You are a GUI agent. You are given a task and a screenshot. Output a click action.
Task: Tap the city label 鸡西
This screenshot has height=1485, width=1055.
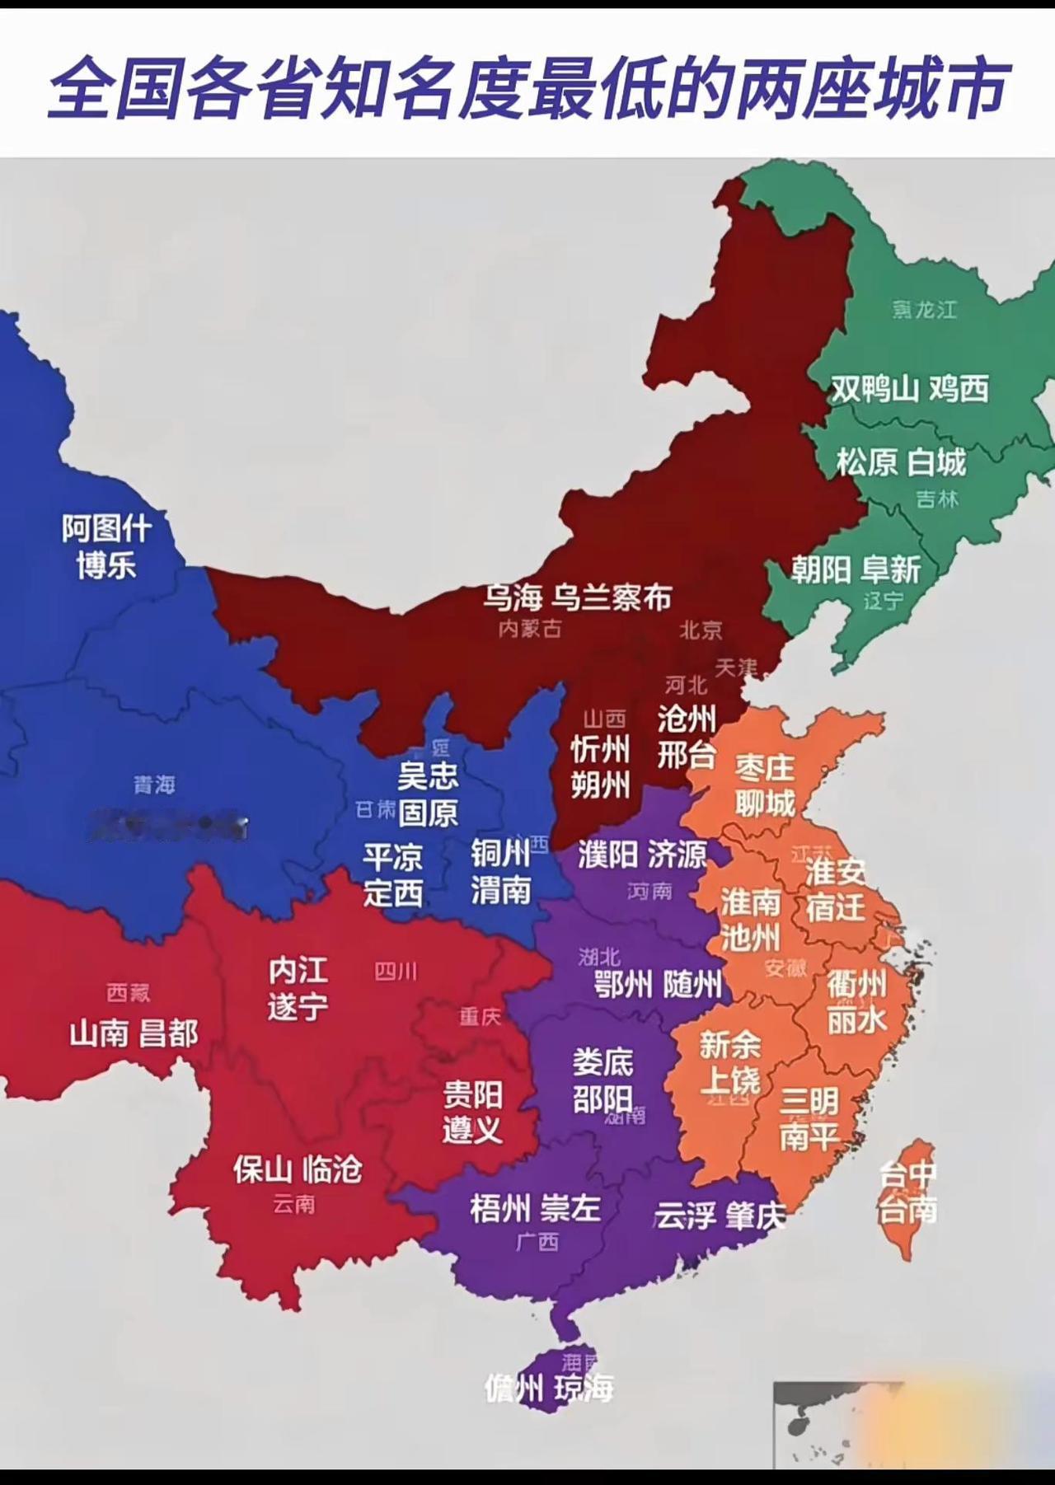[959, 388]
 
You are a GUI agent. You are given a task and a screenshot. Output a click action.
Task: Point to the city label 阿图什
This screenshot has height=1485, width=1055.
[107, 527]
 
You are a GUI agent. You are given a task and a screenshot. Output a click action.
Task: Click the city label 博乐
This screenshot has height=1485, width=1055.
[105, 565]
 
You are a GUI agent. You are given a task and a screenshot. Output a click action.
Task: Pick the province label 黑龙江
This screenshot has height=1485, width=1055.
[924, 310]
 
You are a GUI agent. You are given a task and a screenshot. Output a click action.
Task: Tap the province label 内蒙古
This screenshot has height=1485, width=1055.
[530, 629]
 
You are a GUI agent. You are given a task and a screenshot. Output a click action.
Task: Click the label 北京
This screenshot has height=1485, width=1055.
[701, 630]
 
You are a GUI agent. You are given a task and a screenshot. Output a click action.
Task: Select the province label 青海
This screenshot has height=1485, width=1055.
[155, 784]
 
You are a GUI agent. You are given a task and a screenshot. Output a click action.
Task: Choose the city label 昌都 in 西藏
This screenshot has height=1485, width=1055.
[168, 1033]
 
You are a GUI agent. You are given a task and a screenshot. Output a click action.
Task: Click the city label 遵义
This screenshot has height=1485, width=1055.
[472, 1129]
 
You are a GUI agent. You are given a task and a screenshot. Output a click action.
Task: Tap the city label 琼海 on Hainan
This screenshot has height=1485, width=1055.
[584, 1389]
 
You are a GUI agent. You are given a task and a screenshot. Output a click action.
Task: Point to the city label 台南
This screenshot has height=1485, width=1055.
[907, 1211]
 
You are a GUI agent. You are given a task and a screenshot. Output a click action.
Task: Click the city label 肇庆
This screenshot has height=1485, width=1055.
[756, 1216]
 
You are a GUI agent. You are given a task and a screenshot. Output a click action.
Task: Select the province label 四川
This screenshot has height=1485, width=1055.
[396, 972]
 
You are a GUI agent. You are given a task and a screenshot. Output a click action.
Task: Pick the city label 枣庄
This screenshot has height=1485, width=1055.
[765, 767]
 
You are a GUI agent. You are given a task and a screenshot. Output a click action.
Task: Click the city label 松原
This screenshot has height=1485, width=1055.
[866, 462]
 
